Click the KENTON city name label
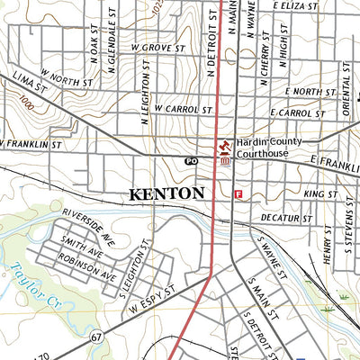[167, 193]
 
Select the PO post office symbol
[190, 160]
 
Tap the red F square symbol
[238, 193]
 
